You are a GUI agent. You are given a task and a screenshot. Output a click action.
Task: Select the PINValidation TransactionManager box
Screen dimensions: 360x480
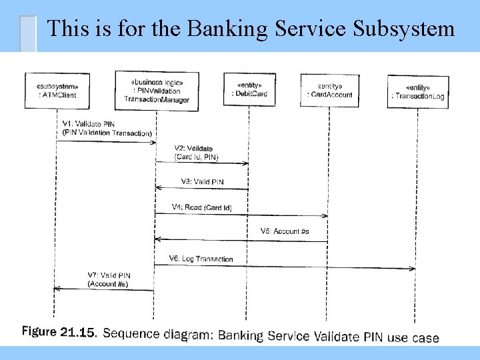pos(156,91)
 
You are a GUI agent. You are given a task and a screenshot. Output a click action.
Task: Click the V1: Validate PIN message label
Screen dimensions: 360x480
pos(107,128)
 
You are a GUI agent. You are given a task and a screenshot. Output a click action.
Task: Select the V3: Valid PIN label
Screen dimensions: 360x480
pos(203,181)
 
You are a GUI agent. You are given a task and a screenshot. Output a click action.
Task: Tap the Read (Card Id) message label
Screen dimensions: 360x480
pos(201,208)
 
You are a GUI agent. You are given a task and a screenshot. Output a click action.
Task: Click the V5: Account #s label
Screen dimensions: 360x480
pos(284,231)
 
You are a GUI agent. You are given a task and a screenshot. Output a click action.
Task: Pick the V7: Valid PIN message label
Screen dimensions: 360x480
pos(109,279)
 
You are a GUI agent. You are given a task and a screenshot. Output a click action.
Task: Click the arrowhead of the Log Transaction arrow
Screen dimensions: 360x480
pos(413,268)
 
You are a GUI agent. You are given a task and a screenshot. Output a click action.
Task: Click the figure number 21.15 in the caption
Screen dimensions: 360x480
pos(78,333)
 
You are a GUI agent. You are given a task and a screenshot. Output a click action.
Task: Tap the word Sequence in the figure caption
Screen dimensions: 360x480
pos(130,333)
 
